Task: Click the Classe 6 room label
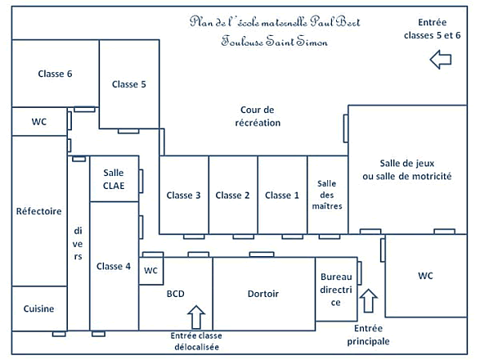point(55,74)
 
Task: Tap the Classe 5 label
point(129,84)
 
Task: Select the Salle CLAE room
point(114,178)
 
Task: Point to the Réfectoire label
point(39,211)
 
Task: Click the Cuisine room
point(39,308)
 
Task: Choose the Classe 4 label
point(114,266)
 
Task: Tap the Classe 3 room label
point(183,196)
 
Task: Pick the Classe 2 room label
point(232,196)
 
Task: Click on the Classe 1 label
point(282,196)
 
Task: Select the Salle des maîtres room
point(328,195)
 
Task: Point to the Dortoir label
point(263,294)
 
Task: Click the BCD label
point(176,294)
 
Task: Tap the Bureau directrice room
point(336,289)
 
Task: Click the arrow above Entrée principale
point(368,300)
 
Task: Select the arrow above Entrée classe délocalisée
point(196,317)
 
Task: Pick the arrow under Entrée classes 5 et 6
point(441,60)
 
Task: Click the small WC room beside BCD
point(151,271)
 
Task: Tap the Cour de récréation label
point(258,116)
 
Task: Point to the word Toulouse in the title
point(242,41)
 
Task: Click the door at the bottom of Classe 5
point(128,131)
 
